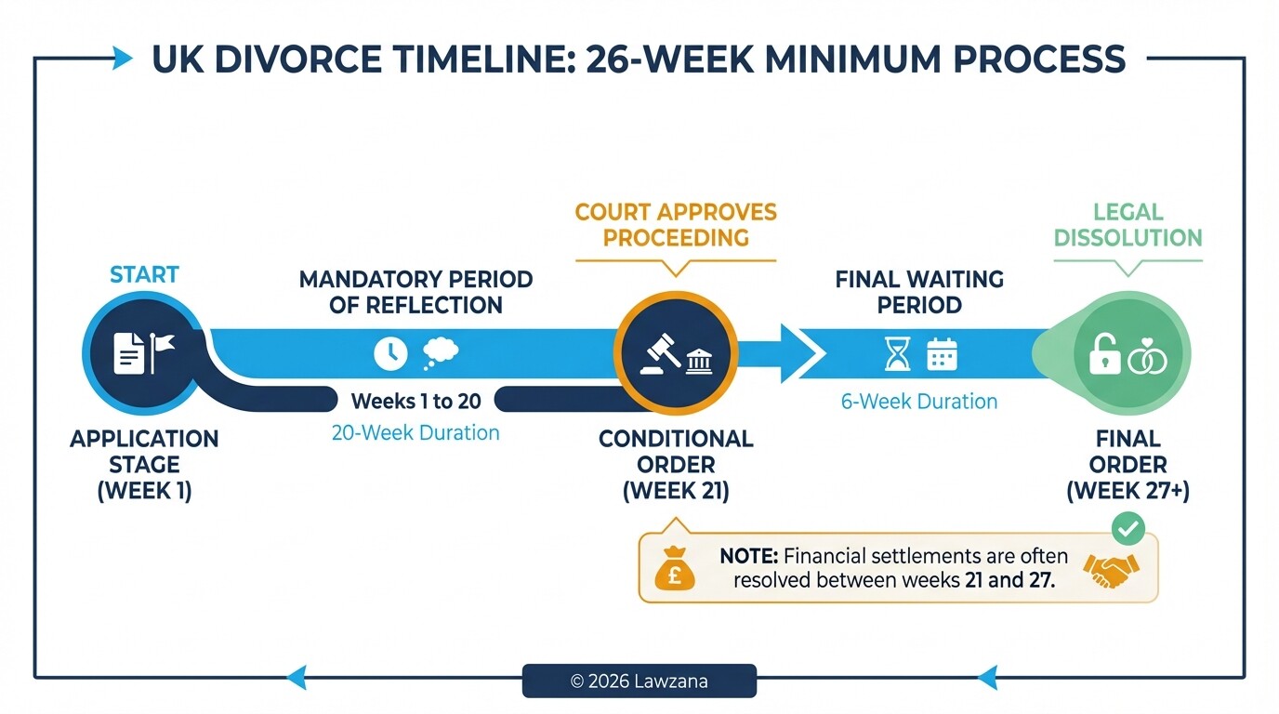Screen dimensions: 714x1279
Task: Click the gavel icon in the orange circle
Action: [x=659, y=354]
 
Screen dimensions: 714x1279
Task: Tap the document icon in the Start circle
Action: [x=128, y=354]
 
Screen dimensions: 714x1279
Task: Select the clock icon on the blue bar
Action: [x=390, y=353]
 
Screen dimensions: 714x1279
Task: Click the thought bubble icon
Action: [x=440, y=352]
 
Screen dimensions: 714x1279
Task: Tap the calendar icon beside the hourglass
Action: [x=942, y=354]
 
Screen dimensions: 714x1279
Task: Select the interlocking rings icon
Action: [x=1147, y=356]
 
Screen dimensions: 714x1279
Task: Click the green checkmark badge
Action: [x=1127, y=529]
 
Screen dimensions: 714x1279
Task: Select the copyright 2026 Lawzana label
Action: [x=639, y=681]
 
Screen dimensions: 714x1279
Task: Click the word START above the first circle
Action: [x=144, y=274]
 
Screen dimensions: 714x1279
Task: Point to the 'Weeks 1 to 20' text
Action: [x=415, y=402]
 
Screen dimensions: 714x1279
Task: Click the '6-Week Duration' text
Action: [x=919, y=402]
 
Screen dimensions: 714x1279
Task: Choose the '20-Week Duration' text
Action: [x=415, y=432]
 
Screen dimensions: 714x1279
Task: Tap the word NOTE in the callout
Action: [x=748, y=557]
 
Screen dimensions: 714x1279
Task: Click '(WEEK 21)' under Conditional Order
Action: [x=676, y=490]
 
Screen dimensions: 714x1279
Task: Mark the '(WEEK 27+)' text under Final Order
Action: [x=1128, y=490]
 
